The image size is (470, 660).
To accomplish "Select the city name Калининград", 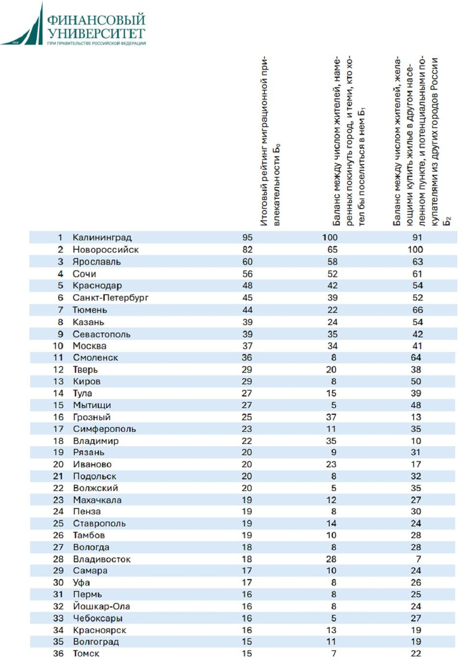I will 102,237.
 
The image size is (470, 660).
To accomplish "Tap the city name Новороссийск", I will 105,250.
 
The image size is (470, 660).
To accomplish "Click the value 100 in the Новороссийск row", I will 415,250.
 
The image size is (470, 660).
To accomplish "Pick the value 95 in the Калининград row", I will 247,237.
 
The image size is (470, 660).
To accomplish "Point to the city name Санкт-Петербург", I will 110,298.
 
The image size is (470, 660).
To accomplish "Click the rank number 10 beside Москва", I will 58,346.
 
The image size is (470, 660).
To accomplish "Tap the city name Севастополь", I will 101,334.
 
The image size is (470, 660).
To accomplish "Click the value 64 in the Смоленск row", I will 416,357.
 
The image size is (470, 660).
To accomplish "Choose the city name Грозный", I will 92,417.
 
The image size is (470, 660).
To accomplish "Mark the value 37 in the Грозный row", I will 331,417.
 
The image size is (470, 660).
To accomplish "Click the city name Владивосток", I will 102,559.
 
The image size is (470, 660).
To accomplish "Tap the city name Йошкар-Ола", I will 101,606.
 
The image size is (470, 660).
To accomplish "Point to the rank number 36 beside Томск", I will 58,654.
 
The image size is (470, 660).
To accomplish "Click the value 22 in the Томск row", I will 416,654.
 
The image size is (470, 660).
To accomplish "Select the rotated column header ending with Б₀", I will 270,142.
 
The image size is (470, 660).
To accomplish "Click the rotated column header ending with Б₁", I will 349,142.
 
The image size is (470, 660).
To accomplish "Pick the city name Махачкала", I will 97,500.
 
